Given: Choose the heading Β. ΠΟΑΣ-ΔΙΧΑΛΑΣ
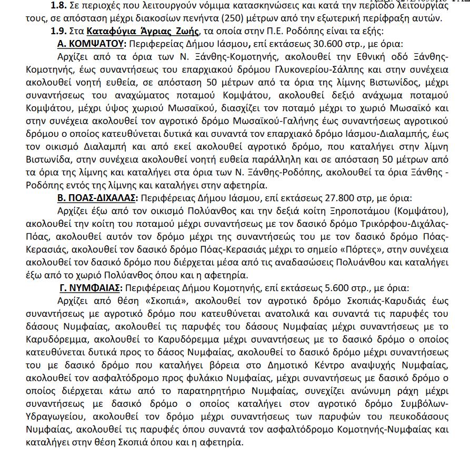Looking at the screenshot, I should pos(97,197).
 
